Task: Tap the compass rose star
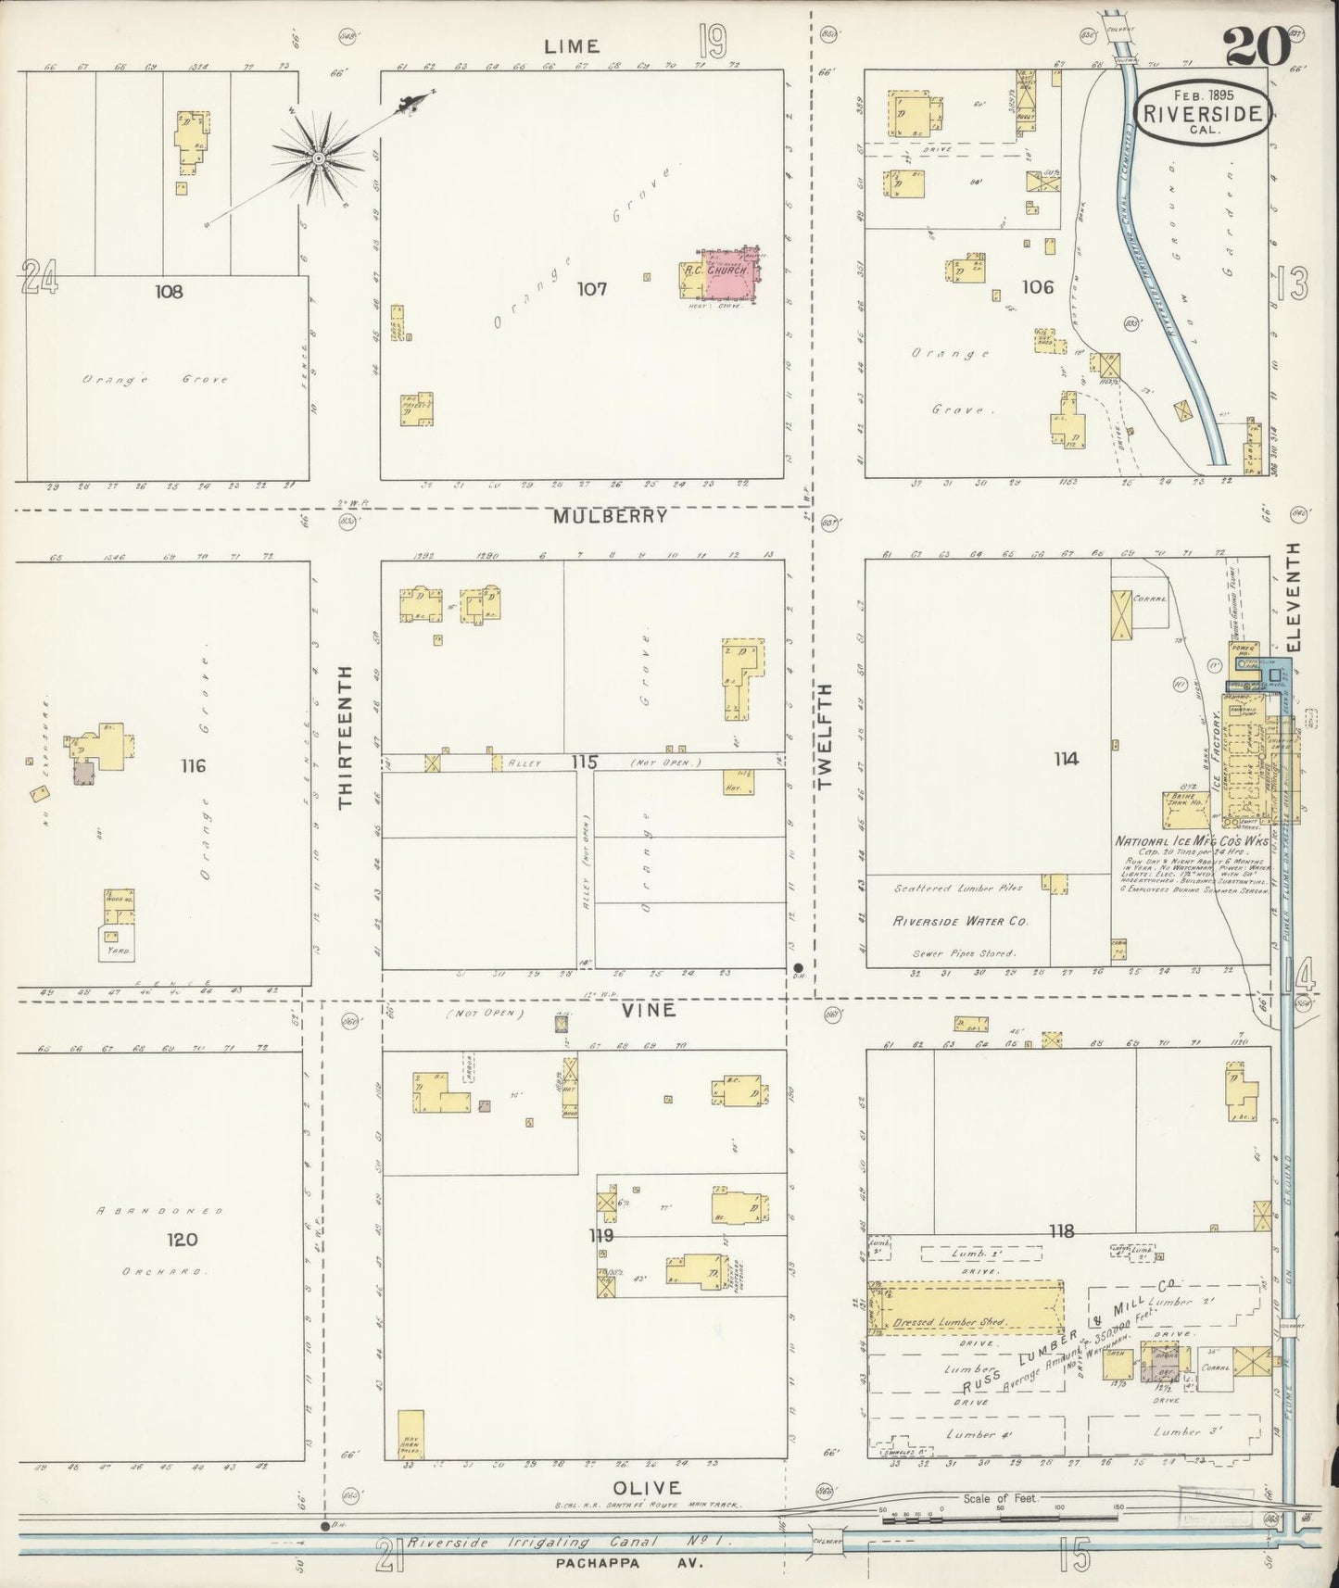click(x=319, y=158)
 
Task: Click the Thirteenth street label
click(x=347, y=737)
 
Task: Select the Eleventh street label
click(x=1295, y=596)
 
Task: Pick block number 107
click(x=591, y=289)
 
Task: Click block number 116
click(x=194, y=766)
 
